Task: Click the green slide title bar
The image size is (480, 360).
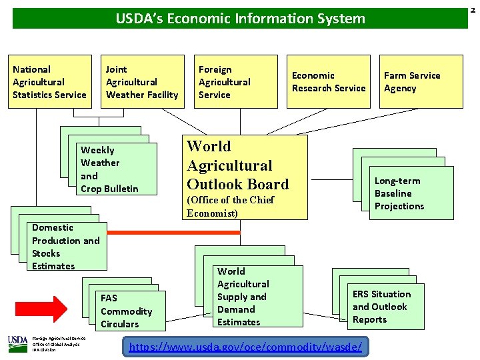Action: (240, 18)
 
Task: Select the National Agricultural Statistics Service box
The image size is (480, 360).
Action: (51, 81)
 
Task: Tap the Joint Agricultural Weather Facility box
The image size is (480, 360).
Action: (144, 81)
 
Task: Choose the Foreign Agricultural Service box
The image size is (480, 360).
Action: (237, 81)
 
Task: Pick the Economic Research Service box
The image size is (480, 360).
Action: (329, 81)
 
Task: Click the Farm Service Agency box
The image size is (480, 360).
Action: (421, 81)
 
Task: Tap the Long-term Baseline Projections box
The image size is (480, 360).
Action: (409, 193)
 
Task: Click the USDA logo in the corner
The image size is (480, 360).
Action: (17, 344)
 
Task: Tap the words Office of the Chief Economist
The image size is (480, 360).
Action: (231, 207)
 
